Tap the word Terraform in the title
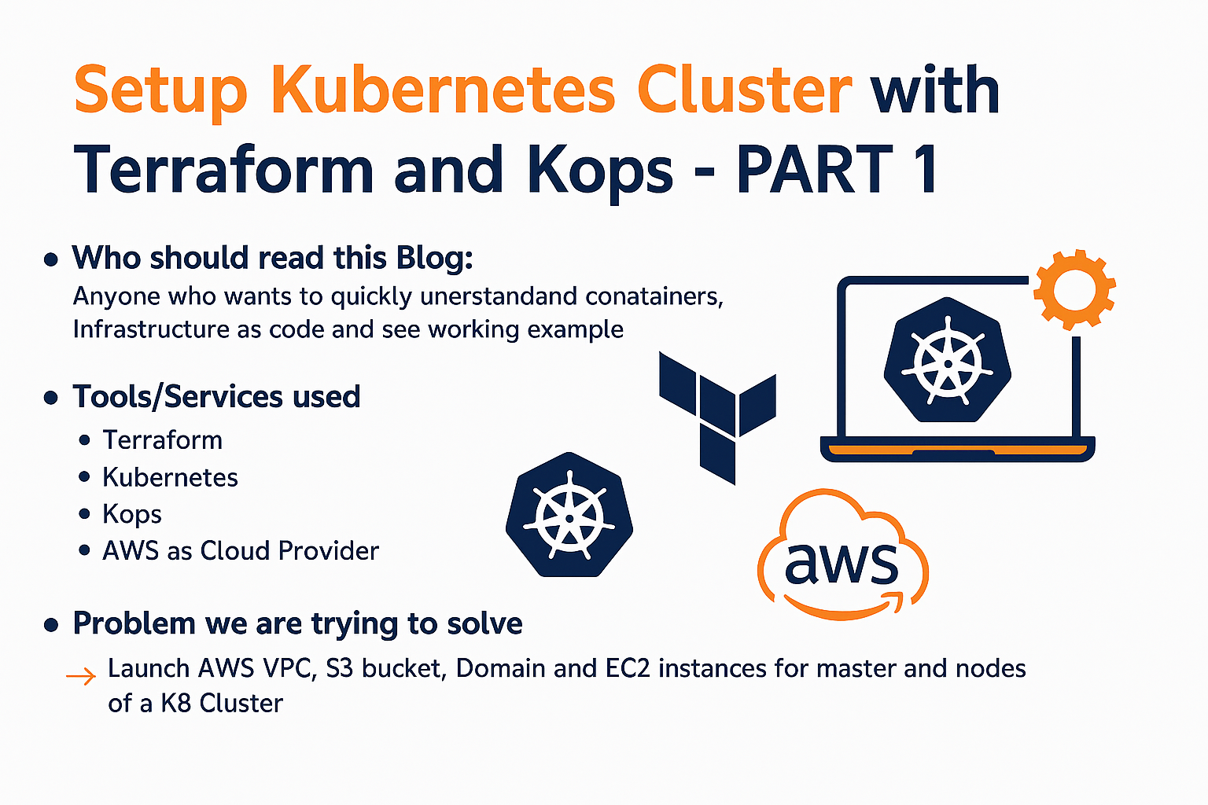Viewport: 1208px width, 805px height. point(223,169)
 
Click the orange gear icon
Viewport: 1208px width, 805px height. point(1074,289)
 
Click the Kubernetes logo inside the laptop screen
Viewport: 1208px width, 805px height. point(948,361)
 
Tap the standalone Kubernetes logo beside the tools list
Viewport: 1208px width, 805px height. point(569,515)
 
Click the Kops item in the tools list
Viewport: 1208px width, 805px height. point(132,514)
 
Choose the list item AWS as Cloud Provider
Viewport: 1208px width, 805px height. point(241,551)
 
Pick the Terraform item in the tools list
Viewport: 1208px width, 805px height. point(163,440)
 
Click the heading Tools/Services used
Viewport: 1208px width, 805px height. point(216,397)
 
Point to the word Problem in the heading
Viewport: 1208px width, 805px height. point(134,623)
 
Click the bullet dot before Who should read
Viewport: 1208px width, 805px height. point(52,259)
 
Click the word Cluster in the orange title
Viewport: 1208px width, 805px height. point(743,90)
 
